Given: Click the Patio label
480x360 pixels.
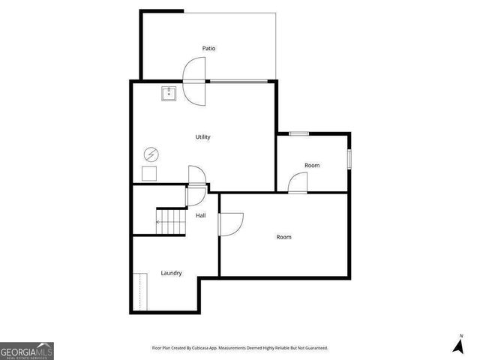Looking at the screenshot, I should [209, 49].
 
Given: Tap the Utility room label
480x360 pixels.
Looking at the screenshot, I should [202, 137].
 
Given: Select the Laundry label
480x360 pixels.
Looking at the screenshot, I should [171, 273].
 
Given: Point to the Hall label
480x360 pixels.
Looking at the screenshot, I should [201, 216].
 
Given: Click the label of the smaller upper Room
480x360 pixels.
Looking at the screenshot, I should [312, 165].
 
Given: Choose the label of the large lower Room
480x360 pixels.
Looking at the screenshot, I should [283, 237].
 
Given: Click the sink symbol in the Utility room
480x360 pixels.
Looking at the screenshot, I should [169, 94].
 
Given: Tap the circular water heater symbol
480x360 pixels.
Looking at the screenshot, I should [151, 154].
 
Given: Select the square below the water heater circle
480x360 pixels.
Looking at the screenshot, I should [150, 174].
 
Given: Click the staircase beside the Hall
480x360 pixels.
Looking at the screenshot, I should [170, 222].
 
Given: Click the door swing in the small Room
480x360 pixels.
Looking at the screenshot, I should [298, 182].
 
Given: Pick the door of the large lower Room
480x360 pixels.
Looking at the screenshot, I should [230, 223].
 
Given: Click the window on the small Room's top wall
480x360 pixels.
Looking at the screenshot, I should [299, 133].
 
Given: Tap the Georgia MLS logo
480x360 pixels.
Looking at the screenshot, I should [27, 350].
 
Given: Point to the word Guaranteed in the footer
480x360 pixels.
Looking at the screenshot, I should [316, 348].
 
